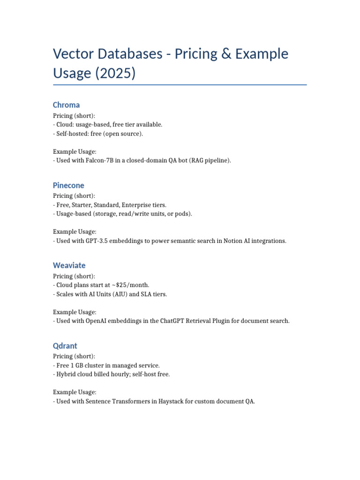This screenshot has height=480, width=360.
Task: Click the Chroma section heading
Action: pyautogui.click(x=66, y=105)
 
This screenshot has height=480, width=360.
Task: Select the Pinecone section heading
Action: pyautogui.click(x=68, y=185)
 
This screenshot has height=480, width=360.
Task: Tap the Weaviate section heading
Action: pyautogui.click(x=69, y=265)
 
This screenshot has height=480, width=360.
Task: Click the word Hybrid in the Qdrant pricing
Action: pyautogui.click(x=66, y=375)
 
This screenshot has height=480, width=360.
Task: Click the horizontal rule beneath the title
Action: pyautogui.click(x=180, y=85)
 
